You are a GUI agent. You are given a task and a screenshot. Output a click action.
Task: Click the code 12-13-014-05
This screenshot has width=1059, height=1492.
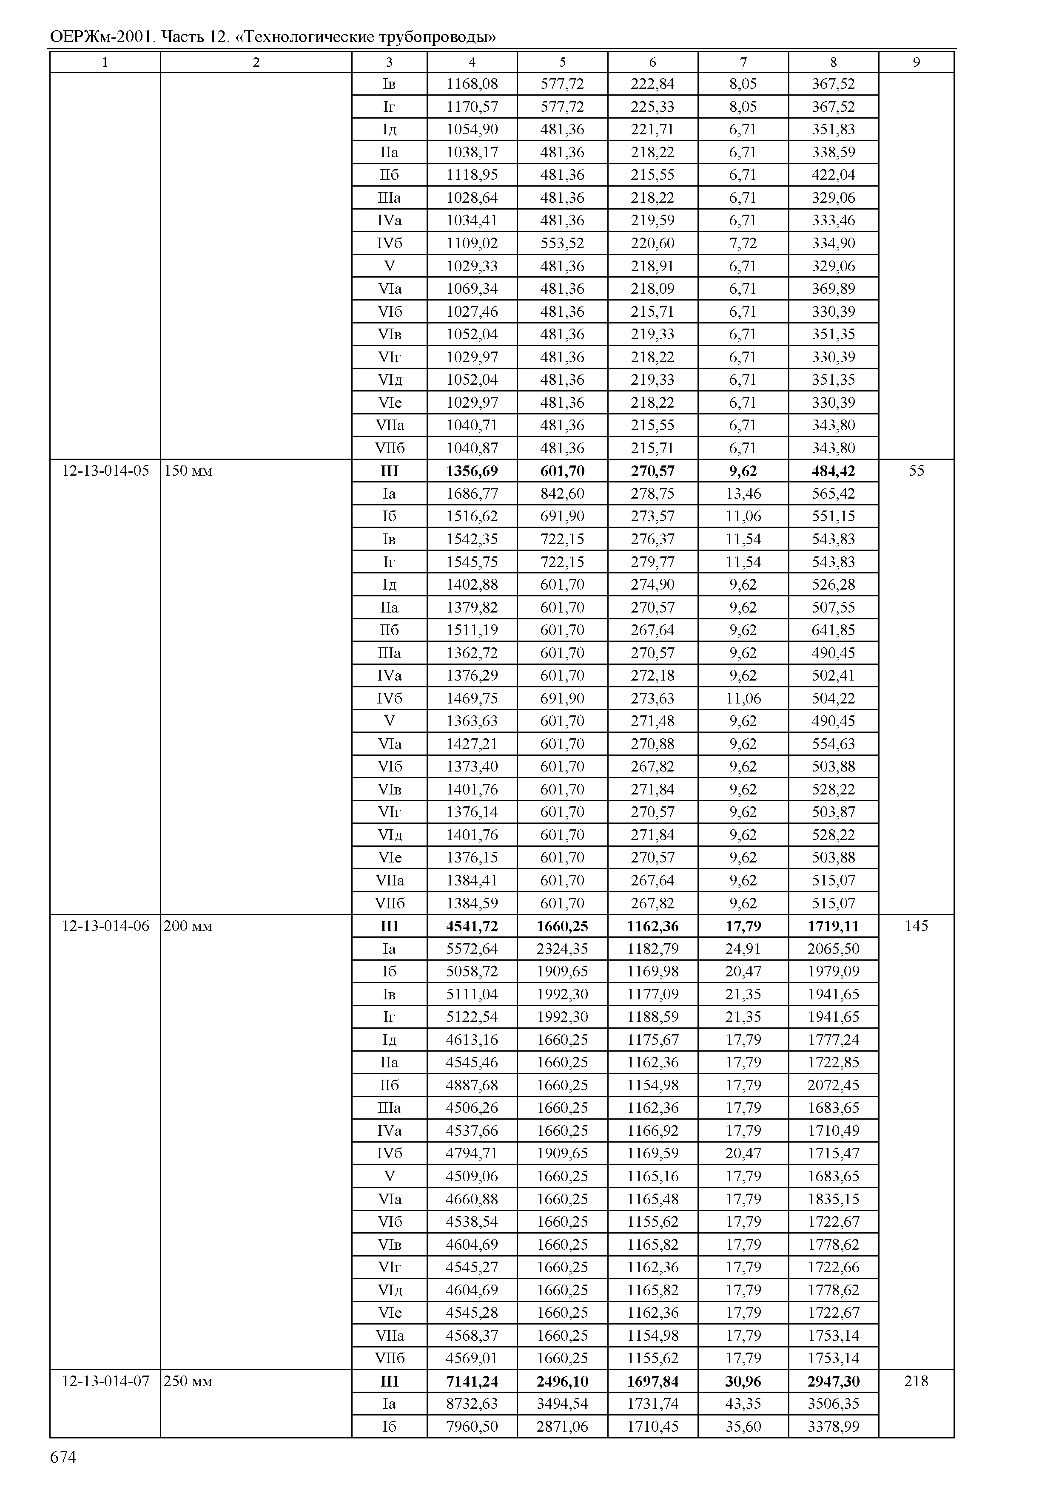coord(105,471)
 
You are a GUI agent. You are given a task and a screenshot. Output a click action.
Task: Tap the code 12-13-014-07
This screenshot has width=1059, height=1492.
coord(105,1381)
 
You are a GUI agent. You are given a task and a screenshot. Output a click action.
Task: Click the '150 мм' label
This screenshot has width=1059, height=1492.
coord(188,471)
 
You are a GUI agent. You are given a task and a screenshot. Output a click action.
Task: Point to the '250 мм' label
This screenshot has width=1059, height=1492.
coord(188,1381)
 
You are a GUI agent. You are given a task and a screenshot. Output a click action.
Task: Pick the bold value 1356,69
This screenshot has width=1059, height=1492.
coord(472,471)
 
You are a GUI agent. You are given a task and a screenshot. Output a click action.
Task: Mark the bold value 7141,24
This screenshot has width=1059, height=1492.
coord(472,1381)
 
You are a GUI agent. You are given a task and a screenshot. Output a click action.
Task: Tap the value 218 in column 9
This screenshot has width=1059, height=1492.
coord(916,1381)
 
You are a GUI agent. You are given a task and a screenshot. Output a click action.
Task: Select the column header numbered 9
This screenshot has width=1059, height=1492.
coord(916,62)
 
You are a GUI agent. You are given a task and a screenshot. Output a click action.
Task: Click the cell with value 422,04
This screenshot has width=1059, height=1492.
coord(833,175)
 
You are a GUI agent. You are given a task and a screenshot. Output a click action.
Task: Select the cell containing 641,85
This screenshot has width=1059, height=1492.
coord(833,630)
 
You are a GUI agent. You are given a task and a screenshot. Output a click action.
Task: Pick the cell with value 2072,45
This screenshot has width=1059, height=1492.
coord(833,1085)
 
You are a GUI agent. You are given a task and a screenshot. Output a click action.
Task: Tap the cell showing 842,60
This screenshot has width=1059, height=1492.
coord(562,494)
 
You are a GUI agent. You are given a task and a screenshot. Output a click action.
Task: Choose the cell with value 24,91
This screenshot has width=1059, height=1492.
coord(743,948)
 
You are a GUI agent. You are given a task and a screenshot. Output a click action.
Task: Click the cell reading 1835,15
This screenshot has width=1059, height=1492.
coord(833,1199)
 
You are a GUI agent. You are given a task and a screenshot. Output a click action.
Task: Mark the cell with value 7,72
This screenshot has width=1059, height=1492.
coord(743,243)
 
